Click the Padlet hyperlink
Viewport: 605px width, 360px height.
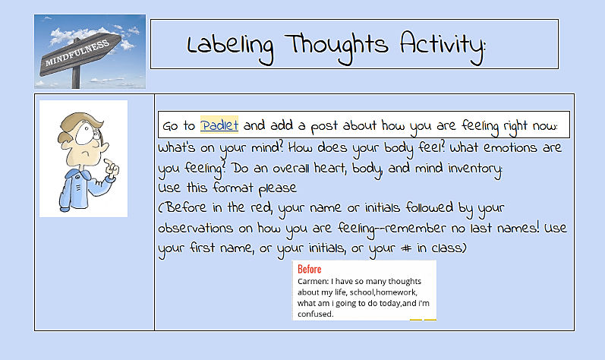(219, 125)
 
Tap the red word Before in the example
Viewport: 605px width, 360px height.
(309, 270)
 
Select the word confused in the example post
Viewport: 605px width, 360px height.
(315, 313)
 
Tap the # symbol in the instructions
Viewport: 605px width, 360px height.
(407, 248)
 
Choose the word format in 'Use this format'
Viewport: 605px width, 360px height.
(232, 188)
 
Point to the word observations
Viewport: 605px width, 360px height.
(200, 228)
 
